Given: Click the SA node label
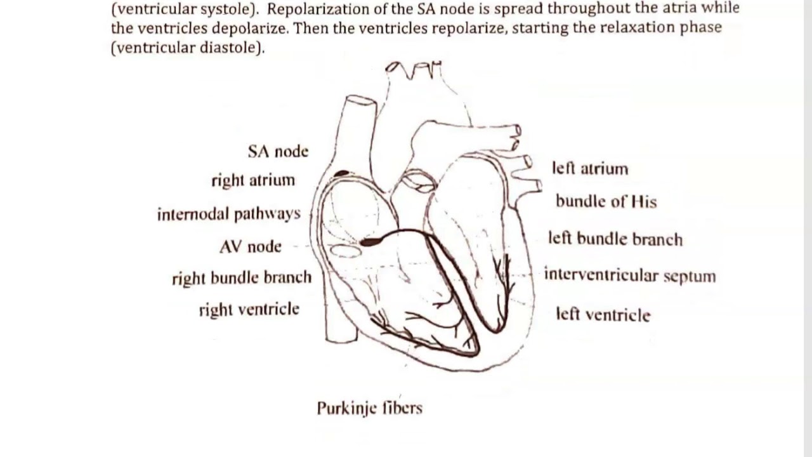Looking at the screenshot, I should point(278,152).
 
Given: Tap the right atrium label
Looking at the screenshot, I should point(253,180).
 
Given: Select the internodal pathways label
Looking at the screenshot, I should point(228,214).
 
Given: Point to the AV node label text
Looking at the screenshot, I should point(250,246).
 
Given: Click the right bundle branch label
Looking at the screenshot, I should point(242,278).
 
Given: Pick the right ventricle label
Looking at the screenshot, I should point(249,310).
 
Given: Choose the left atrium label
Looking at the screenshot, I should point(590,169).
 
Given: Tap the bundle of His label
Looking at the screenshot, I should point(606,202).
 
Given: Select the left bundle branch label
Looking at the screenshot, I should point(615,239).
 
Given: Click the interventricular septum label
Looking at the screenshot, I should point(630,275).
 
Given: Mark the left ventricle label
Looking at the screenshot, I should point(603,314).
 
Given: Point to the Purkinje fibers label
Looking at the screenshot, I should point(369,407).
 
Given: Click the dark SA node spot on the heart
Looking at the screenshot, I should point(342,173).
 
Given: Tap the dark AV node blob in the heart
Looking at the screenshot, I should point(370,241).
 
